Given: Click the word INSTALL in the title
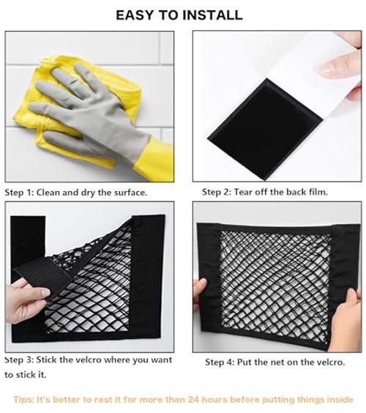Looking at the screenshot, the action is pyautogui.click(x=212, y=15).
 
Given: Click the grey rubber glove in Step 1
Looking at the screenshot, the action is pyautogui.click(x=87, y=114).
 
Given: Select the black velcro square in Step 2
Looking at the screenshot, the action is pyautogui.click(x=265, y=129).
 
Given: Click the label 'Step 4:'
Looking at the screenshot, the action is pyautogui.click(x=220, y=362).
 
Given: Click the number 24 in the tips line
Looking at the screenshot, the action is pyautogui.click(x=193, y=399).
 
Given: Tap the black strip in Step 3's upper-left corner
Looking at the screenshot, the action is pyautogui.click(x=28, y=242).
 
